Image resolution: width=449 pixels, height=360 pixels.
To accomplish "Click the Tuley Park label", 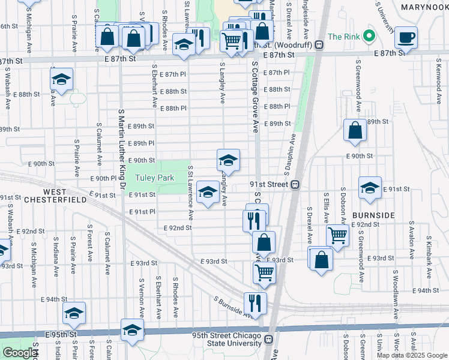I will [x=154, y=178].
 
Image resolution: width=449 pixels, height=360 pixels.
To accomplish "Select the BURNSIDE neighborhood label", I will [x=373, y=215].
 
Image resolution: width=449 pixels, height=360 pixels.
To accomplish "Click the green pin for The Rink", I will [x=370, y=35].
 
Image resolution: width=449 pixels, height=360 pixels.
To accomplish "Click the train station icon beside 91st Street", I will [x=295, y=185].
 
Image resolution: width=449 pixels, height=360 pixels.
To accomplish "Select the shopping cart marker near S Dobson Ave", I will [x=338, y=235].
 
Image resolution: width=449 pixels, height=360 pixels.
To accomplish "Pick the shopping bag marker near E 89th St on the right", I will [x=355, y=130].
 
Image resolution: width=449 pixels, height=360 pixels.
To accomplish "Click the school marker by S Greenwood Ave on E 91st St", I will [x=370, y=187].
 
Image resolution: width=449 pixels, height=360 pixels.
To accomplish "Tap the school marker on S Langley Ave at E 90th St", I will [x=228, y=160].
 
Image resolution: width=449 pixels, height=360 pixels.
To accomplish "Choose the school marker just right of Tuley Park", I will [x=208, y=192].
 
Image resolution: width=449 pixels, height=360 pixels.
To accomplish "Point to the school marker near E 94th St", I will [x=74, y=313].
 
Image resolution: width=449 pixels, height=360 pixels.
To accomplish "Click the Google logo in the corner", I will [x=20, y=353].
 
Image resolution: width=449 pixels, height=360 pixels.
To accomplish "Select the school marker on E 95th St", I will [x=133, y=329].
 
